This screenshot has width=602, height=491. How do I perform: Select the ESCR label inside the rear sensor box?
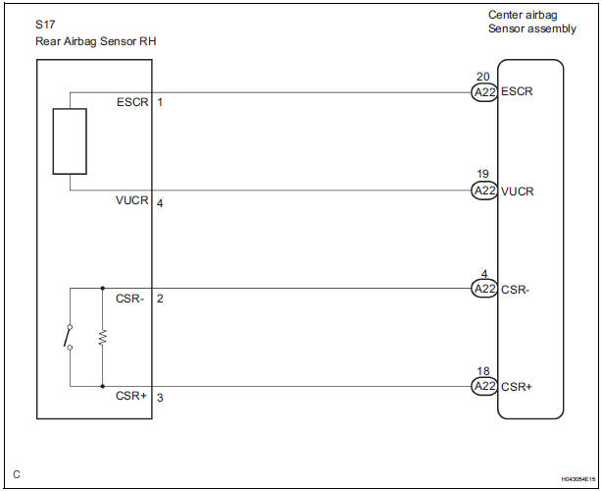(131, 102)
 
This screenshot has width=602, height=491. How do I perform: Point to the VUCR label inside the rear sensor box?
(131, 200)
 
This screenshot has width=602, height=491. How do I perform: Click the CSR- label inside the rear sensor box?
(132, 298)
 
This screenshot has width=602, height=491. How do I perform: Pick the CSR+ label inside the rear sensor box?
(132, 397)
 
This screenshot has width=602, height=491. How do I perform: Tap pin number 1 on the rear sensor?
(160, 102)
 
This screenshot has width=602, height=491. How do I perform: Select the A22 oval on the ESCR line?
(483, 92)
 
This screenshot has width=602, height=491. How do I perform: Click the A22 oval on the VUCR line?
(483, 191)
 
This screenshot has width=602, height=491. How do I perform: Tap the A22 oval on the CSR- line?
(483, 289)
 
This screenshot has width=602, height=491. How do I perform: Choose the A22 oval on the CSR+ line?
(483, 387)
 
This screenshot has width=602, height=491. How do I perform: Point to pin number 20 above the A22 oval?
(482, 77)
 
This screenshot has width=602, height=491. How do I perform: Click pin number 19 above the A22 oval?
(482, 175)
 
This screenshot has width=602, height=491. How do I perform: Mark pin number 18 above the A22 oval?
(482, 371)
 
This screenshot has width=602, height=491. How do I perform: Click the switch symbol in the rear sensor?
(68, 337)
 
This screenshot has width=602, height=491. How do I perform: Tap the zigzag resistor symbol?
(102, 337)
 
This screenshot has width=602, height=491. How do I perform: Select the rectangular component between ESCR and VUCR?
(69, 141)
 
